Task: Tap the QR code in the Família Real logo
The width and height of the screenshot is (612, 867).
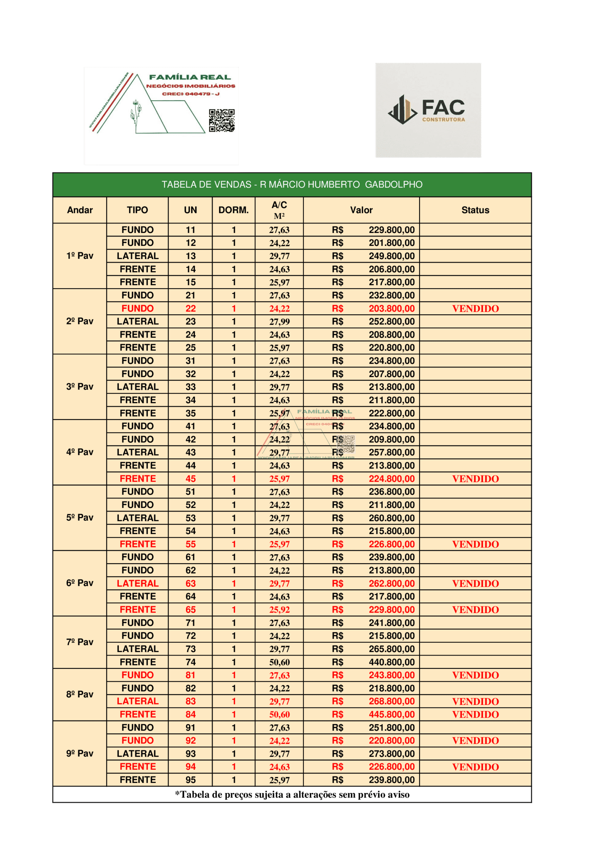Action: [x=222, y=121]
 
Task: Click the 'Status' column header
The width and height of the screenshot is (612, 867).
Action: [x=475, y=210]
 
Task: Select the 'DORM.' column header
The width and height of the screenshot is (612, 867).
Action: [x=234, y=210]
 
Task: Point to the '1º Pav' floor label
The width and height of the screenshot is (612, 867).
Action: [x=80, y=256]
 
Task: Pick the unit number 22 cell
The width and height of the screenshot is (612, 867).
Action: [x=191, y=309]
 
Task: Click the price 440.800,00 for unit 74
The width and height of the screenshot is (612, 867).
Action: [x=392, y=662]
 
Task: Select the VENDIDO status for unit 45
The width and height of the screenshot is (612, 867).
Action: [x=475, y=479]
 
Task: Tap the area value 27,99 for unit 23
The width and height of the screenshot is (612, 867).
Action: [x=279, y=322]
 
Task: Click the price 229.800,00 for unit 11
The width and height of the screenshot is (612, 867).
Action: [x=392, y=230]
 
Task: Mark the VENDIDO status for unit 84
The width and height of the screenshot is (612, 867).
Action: [x=475, y=715]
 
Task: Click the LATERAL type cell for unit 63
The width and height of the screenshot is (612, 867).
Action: [x=138, y=584]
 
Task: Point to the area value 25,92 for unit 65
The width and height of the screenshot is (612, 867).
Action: [x=279, y=610]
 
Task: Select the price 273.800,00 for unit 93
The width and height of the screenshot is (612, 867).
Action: [x=392, y=754]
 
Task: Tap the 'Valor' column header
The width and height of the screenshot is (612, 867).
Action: [x=361, y=210]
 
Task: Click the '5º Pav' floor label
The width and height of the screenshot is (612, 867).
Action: [x=80, y=517]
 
